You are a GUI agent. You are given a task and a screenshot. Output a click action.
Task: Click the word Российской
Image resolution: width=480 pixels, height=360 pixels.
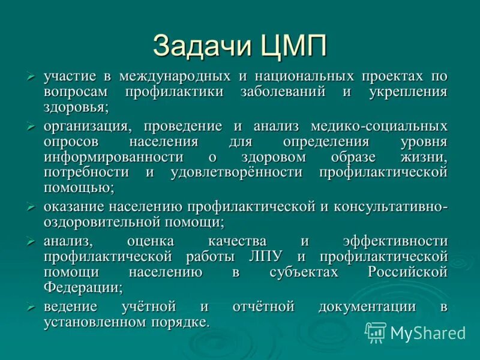click(x=407, y=272)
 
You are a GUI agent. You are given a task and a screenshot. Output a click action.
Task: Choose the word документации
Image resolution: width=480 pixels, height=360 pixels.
click(x=367, y=307)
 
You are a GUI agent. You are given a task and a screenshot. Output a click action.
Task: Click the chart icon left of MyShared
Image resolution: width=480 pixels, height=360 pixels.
click(x=376, y=332)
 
